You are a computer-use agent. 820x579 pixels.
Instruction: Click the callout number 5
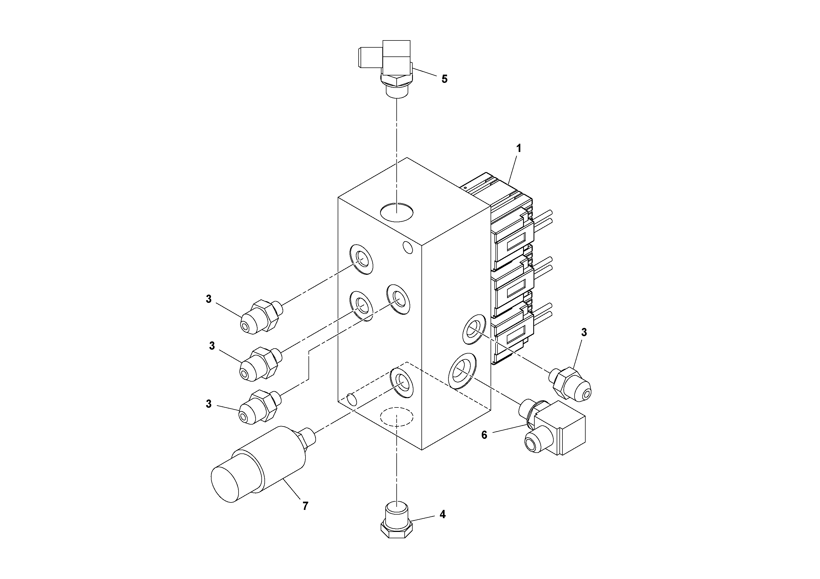444,79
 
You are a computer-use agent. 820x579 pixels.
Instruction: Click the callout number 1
519,148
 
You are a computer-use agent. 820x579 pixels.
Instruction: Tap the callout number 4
442,514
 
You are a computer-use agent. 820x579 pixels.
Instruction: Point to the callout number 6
484,435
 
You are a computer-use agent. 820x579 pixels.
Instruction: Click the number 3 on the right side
584,332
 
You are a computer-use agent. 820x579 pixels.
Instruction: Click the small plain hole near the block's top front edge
407,247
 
